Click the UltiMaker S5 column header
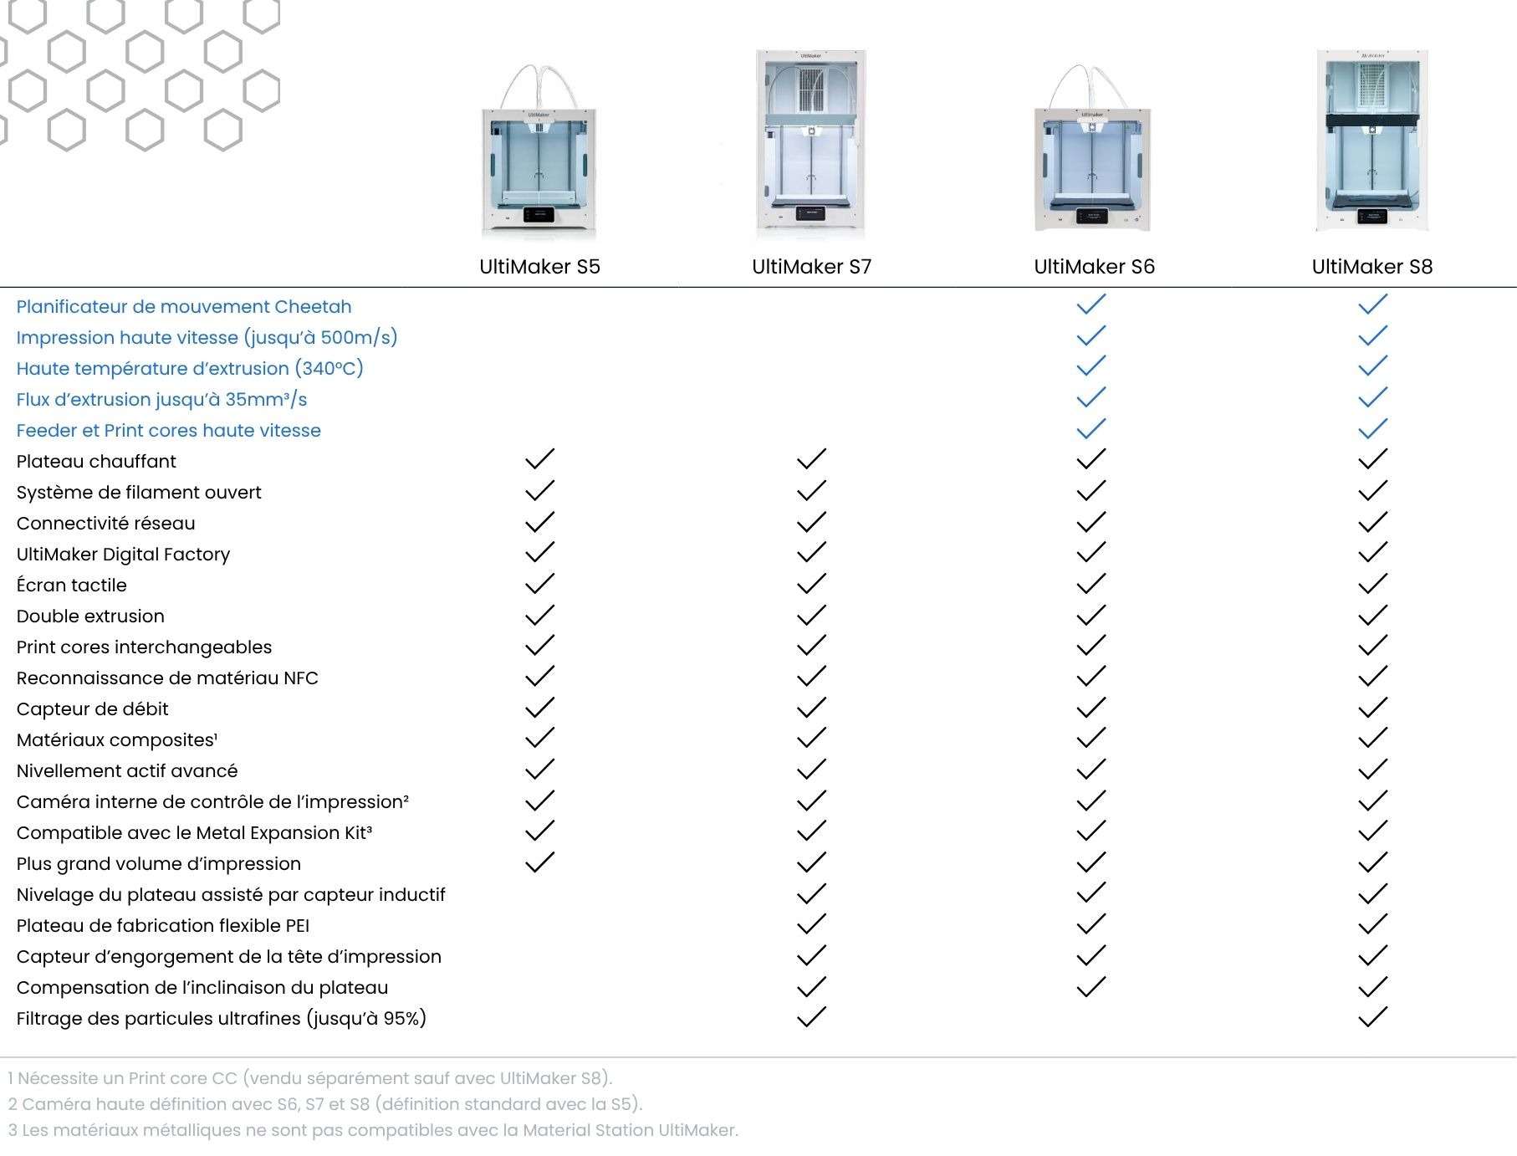click(539, 267)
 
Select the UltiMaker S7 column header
click(811, 267)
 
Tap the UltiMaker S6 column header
click(1094, 267)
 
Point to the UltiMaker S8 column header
click(1371, 267)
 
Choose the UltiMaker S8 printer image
click(1371, 141)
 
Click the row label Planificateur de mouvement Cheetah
click(184, 307)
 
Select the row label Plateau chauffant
click(96, 462)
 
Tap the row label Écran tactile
click(72, 586)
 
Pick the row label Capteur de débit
click(92, 709)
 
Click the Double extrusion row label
click(90, 616)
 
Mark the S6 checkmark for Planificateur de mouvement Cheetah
click(1091, 304)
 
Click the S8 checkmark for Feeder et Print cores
click(1372, 429)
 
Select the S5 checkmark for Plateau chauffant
click(539, 459)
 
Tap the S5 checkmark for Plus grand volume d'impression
click(539, 862)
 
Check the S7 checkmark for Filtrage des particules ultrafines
click(811, 1017)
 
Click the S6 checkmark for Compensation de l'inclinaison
click(1091, 987)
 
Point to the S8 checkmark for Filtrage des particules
click(1372, 1017)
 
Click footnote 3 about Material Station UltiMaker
click(373, 1130)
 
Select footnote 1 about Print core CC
click(310, 1078)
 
